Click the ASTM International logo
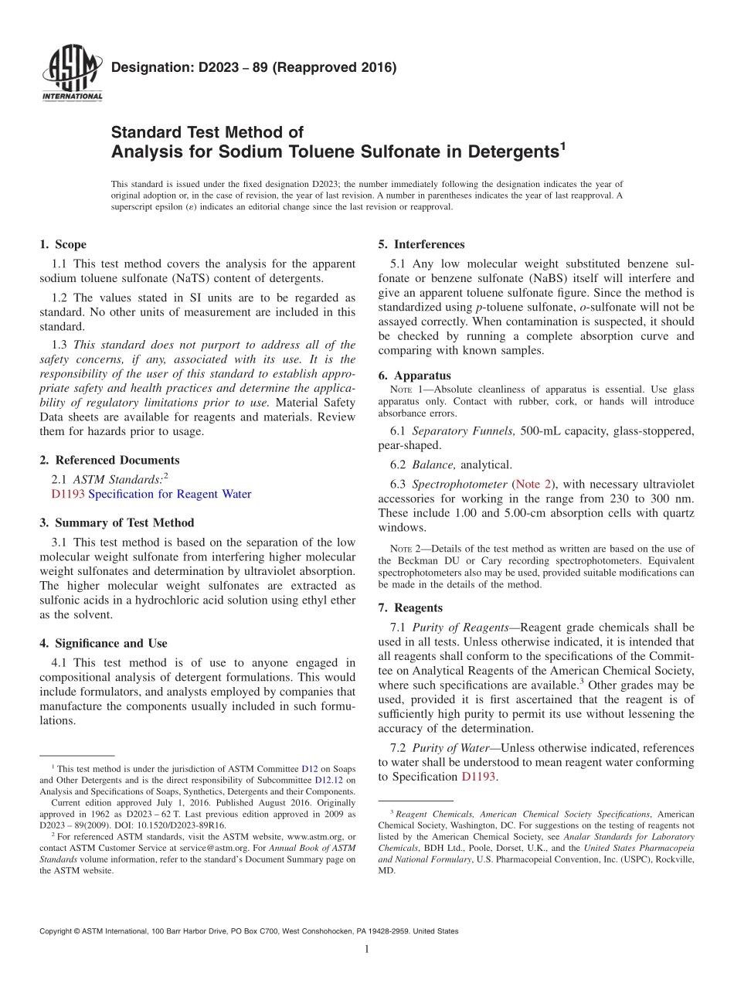tap(71, 75)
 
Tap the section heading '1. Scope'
tap(63, 244)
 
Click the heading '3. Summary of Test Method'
tap(117, 522)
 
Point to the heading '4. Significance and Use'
tap(104, 643)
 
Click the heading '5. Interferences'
tap(421, 244)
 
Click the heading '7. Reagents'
tap(410, 607)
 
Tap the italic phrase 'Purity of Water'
tap(454, 748)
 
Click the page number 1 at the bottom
tap(367, 949)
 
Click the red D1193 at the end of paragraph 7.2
tap(478, 776)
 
